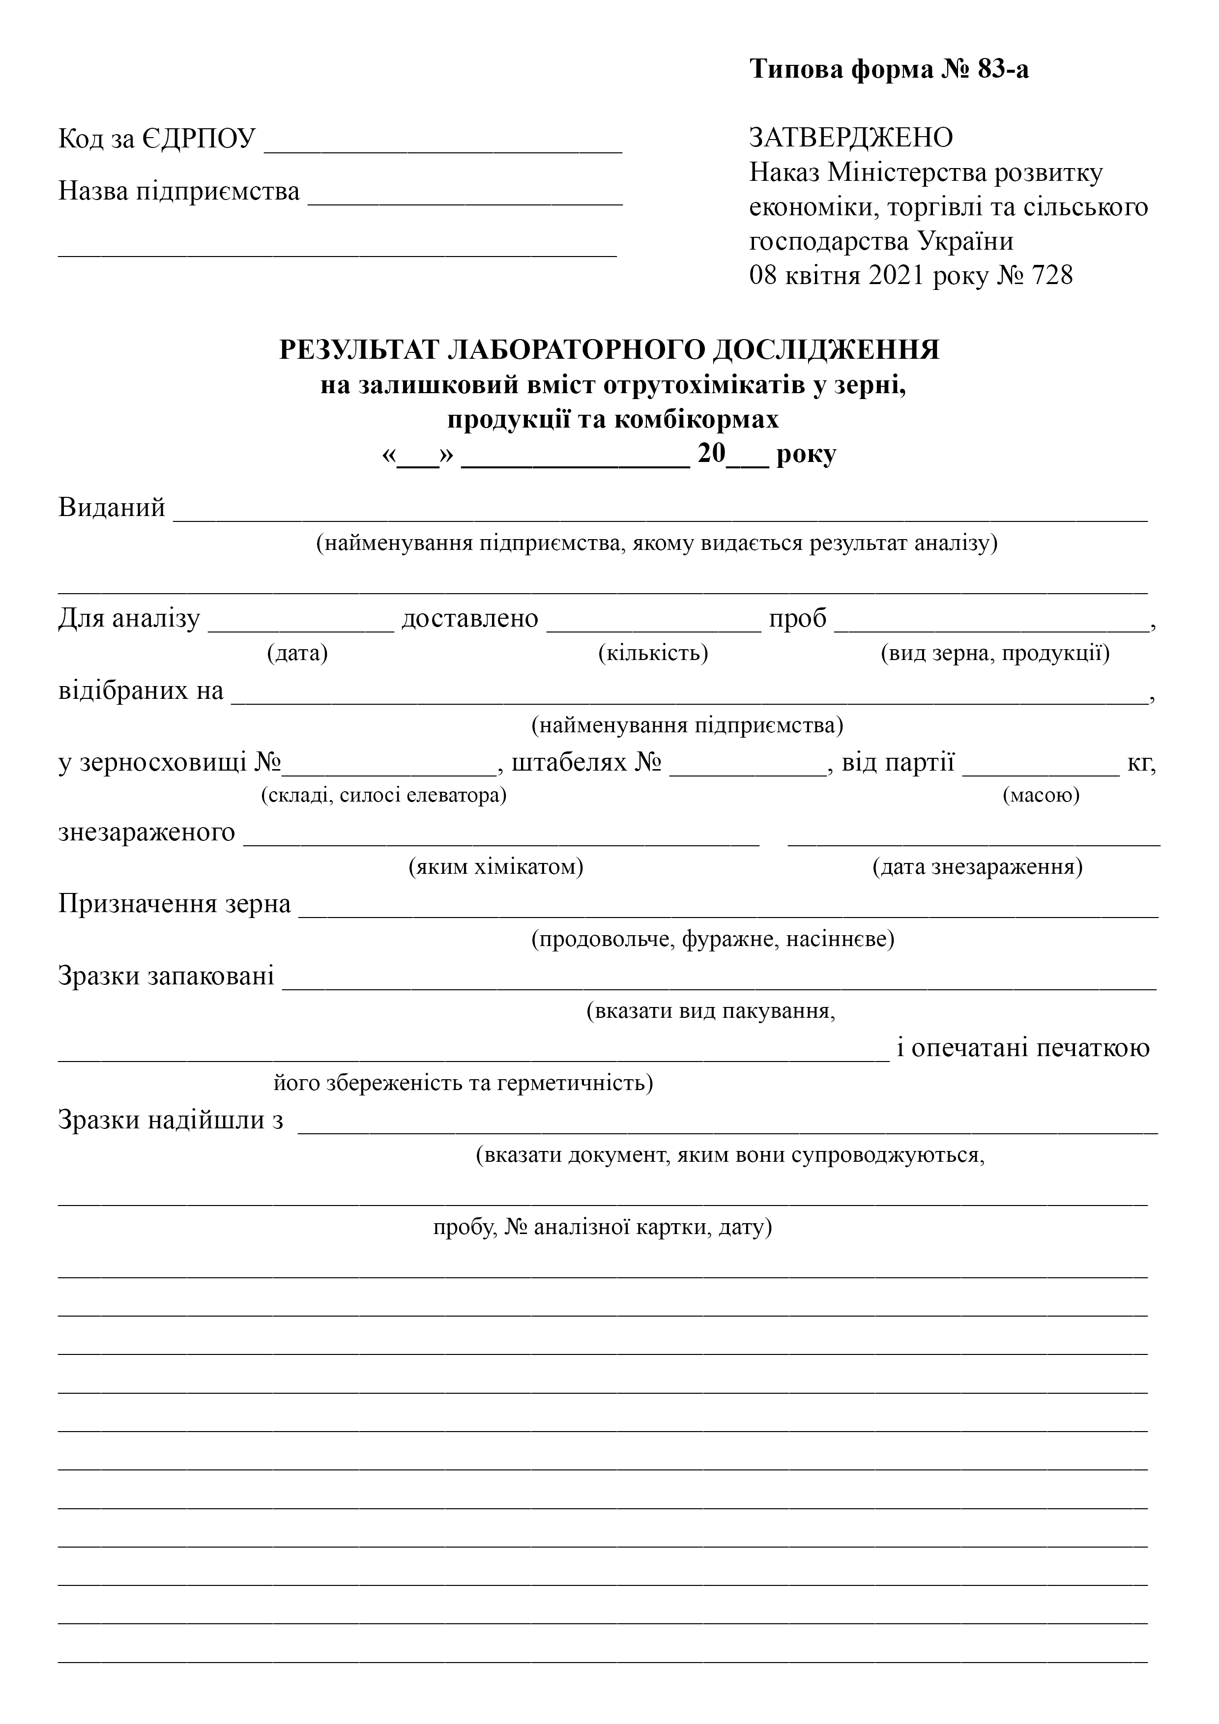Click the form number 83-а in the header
(1003, 70)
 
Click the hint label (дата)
(297, 653)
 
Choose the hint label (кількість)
(653, 653)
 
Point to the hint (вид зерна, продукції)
(995, 653)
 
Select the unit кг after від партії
(1140, 764)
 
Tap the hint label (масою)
(1041, 794)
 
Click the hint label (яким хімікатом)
(496, 867)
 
